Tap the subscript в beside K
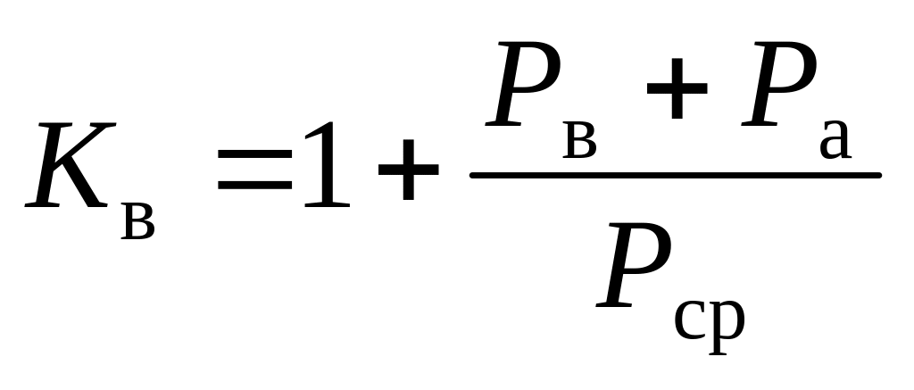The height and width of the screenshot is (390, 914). point(137,220)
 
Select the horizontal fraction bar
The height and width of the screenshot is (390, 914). point(676,175)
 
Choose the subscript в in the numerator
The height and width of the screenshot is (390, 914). point(580,141)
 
